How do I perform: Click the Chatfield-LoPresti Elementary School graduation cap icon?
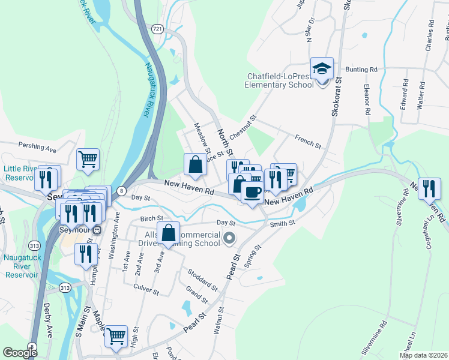[x=322, y=68]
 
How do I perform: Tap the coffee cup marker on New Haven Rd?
[x=252, y=192]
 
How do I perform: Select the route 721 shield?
[x=157, y=28]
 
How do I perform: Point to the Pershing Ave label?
[x=37, y=145]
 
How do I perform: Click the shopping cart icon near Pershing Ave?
[x=88, y=159]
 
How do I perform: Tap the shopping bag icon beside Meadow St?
[x=195, y=163]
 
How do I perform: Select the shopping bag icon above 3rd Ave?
[x=170, y=232]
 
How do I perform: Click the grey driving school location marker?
[x=229, y=240]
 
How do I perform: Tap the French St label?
[x=308, y=142]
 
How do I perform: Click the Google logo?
[x=20, y=353]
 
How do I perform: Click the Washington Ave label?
[x=113, y=239]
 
